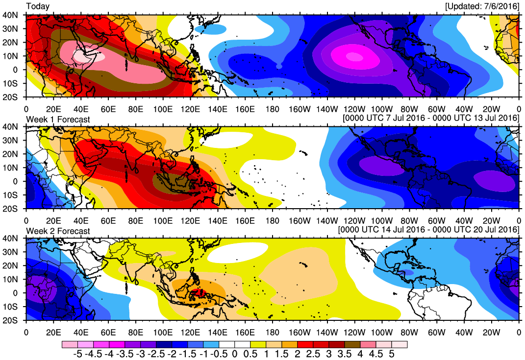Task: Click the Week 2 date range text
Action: tap(429, 230)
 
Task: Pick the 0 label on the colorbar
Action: tap(234, 353)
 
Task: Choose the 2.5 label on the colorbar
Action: tap(313, 353)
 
